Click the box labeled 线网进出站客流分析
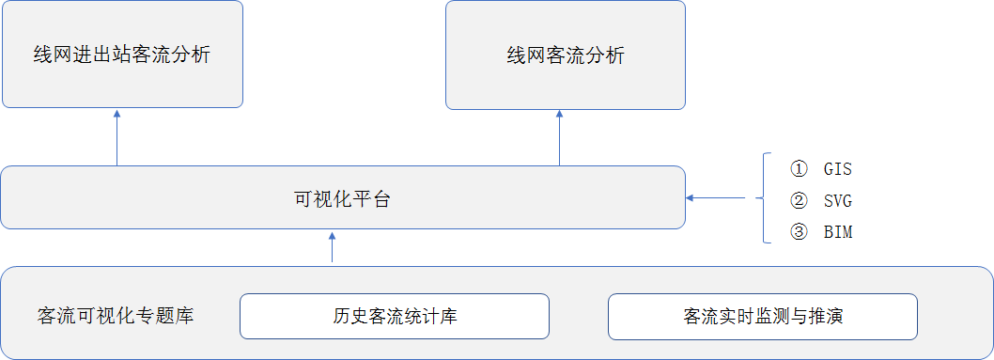click(122, 54)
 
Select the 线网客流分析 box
click(566, 55)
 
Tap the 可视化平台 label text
click(342, 199)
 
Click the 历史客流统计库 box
click(395, 316)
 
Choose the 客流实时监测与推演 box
click(763, 316)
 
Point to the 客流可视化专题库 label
click(116, 316)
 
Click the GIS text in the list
click(837, 170)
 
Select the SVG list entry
click(837, 201)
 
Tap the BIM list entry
click(837, 232)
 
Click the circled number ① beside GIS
click(799, 170)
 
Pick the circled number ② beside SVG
click(799, 201)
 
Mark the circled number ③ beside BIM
click(799, 232)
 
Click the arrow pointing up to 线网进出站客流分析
click(116, 137)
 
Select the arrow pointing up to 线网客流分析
click(559, 138)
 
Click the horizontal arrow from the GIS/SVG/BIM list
click(716, 198)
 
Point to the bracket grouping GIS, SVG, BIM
click(763, 198)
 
